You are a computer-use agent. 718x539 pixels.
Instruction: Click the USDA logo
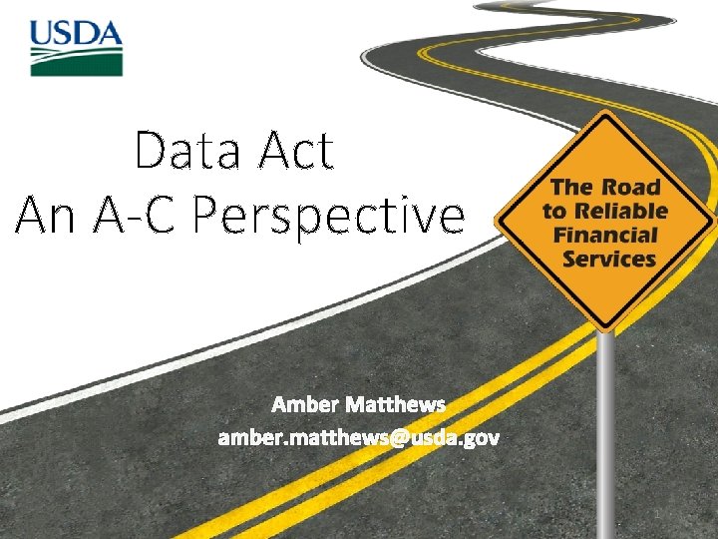click(x=76, y=47)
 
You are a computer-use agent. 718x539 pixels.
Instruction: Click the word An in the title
click(x=45, y=214)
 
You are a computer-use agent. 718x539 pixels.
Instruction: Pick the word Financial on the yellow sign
click(x=605, y=236)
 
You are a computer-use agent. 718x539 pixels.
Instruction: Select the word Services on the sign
click(x=608, y=260)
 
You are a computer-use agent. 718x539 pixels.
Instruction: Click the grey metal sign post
click(x=604, y=429)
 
